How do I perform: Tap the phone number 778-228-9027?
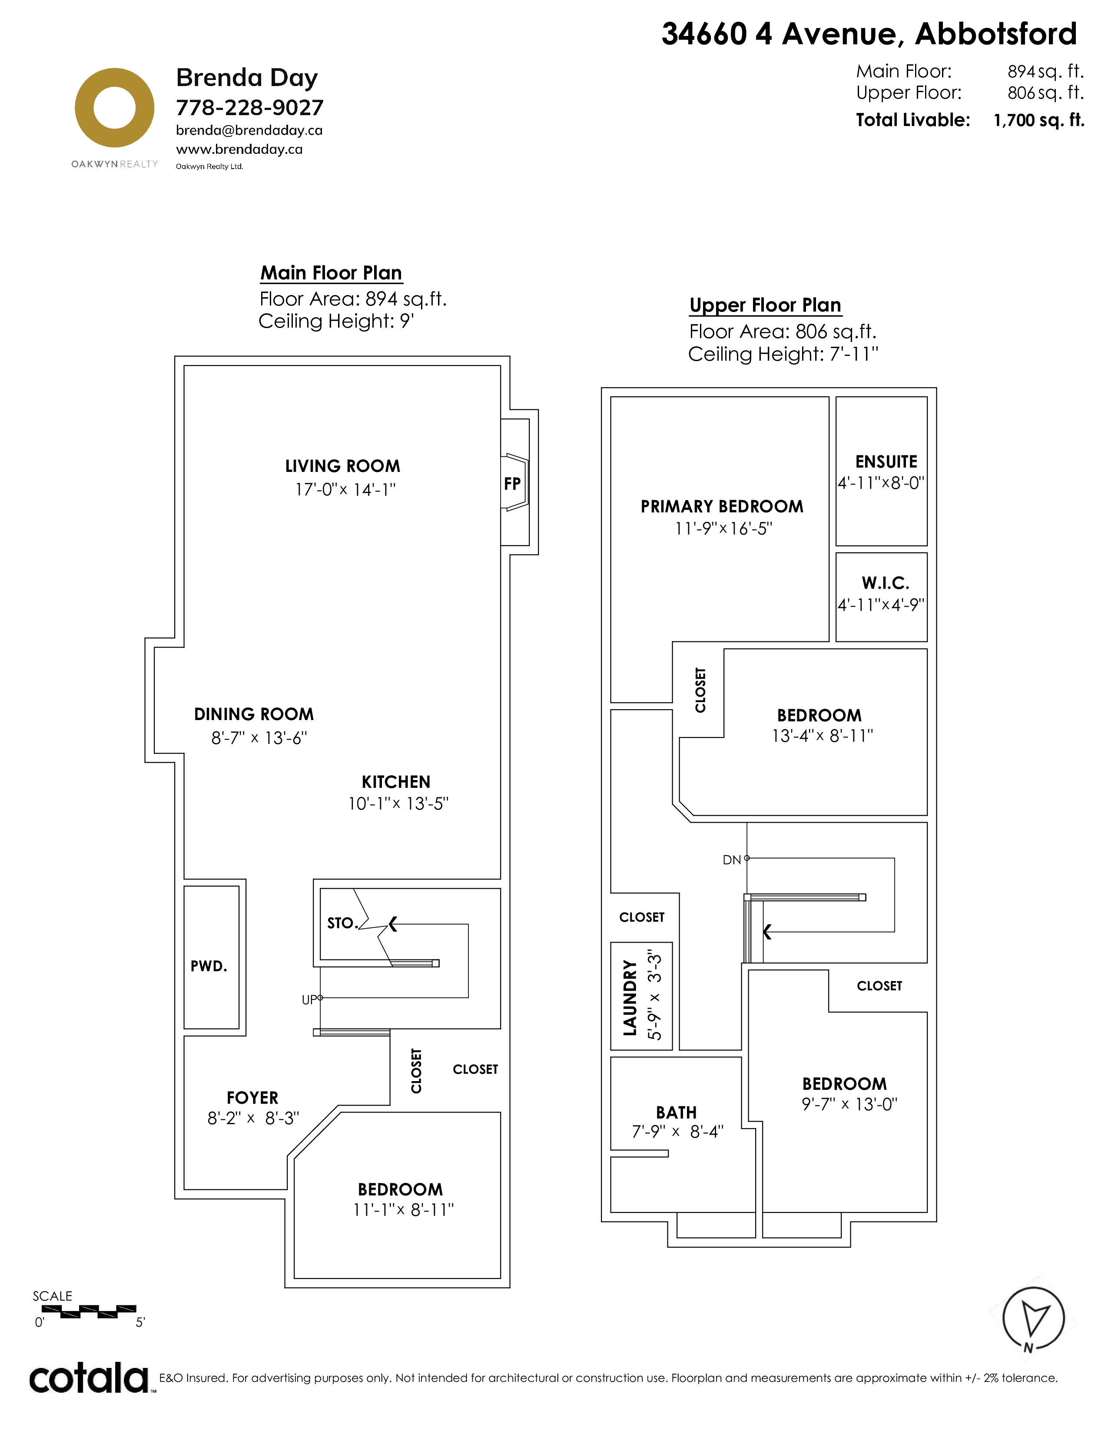tap(249, 108)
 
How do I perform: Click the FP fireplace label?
tap(512, 484)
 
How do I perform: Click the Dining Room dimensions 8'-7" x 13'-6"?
tap(259, 738)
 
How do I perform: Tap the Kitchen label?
tap(396, 782)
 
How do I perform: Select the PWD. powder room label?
tap(209, 966)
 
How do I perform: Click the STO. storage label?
tap(342, 923)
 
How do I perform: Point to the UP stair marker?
tap(309, 999)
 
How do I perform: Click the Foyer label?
tap(253, 1098)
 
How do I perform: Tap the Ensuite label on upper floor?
tap(886, 461)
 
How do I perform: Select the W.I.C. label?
tap(886, 583)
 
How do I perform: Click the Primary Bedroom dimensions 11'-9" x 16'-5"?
tap(723, 528)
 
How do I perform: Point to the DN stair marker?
tap(731, 860)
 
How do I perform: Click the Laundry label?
tap(630, 997)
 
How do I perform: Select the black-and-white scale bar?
tap(89, 1312)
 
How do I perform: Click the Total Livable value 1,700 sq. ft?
tap(1039, 120)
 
